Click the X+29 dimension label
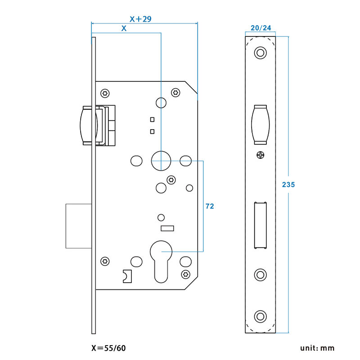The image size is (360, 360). click(x=140, y=19)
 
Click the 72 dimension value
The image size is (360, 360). click(x=209, y=206)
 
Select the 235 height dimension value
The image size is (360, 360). click(x=288, y=184)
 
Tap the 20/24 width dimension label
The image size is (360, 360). click(x=261, y=28)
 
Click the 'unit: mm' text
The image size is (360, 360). click(x=318, y=348)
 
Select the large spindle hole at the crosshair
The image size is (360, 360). click(x=161, y=160)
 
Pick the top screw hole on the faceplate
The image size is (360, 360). click(x=260, y=53)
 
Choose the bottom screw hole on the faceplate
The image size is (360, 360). click(x=260, y=316)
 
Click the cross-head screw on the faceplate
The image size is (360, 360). click(x=260, y=155)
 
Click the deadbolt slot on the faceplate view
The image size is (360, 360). click(x=260, y=225)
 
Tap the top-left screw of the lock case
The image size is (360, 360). click(x=105, y=93)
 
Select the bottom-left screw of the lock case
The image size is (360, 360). click(x=105, y=261)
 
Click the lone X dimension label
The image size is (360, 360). click(x=124, y=28)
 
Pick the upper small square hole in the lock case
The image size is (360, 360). click(x=152, y=120)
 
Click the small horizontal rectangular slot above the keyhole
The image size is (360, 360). click(x=167, y=229)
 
